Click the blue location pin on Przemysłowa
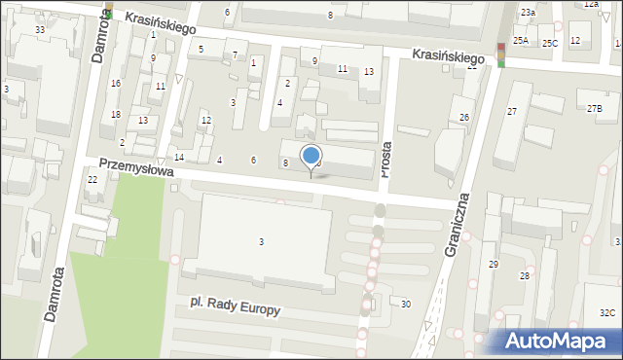311,156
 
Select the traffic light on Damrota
109,11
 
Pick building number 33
40,30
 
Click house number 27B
594,108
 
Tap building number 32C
606,312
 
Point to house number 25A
521,41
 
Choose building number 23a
527,12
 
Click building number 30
405,305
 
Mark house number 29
494,265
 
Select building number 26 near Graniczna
464,117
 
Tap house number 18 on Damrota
116,115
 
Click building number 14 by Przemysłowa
179,158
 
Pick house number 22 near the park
92,180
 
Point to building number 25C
550,43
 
